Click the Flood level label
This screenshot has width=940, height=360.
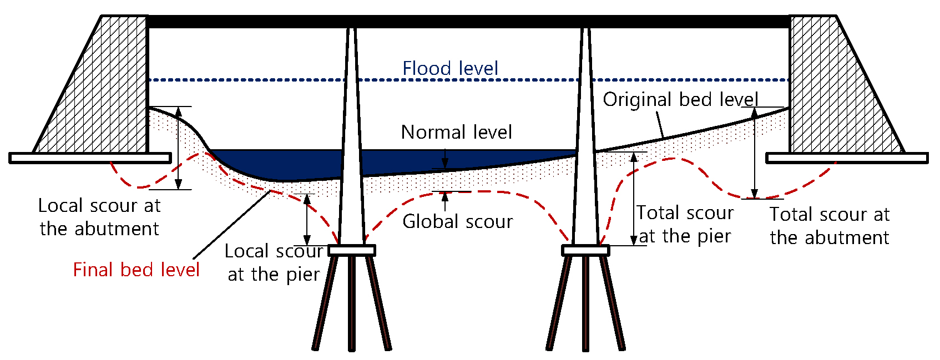point(450,69)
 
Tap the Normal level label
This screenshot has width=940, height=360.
point(456,133)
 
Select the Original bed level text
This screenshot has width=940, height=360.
point(680,100)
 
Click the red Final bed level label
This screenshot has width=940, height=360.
point(136,270)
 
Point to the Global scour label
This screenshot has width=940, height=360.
point(457,222)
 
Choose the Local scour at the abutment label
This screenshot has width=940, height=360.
point(99,217)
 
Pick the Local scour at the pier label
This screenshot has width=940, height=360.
point(274,262)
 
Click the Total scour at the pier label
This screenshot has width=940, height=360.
point(685,224)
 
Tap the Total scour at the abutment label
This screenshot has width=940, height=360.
point(830,226)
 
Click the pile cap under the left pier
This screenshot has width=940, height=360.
point(352,251)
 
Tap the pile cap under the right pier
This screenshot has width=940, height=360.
point(585,251)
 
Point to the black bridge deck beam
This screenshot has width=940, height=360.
point(468,22)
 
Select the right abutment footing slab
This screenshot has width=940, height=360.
point(847,158)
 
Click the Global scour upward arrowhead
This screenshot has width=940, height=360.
point(444,196)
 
